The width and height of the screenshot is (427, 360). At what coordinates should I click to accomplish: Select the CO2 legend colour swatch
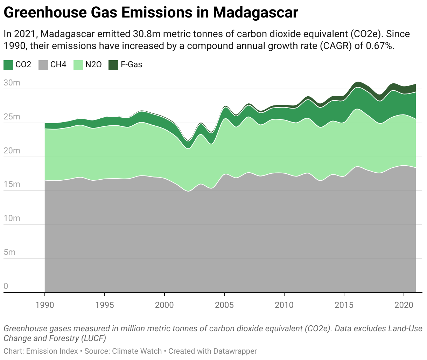click(x=8, y=65)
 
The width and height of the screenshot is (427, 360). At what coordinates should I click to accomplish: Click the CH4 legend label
click(x=58, y=64)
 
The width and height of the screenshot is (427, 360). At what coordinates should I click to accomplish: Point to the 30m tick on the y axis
click(x=12, y=83)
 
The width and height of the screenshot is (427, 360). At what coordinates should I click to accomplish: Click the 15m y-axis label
click(x=12, y=185)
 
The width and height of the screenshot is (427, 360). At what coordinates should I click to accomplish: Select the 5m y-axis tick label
click(x=9, y=252)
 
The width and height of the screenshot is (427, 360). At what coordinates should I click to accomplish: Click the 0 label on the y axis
click(x=6, y=286)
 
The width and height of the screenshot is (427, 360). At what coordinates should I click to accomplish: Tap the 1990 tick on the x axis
click(x=45, y=305)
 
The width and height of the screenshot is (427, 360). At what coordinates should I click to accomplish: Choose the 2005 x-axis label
click(x=224, y=305)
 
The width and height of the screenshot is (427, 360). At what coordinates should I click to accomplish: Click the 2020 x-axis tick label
click(x=404, y=305)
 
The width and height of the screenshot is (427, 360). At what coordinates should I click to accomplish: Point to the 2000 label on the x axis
click(x=164, y=305)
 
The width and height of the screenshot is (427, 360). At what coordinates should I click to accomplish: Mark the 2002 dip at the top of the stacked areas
click(x=188, y=141)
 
